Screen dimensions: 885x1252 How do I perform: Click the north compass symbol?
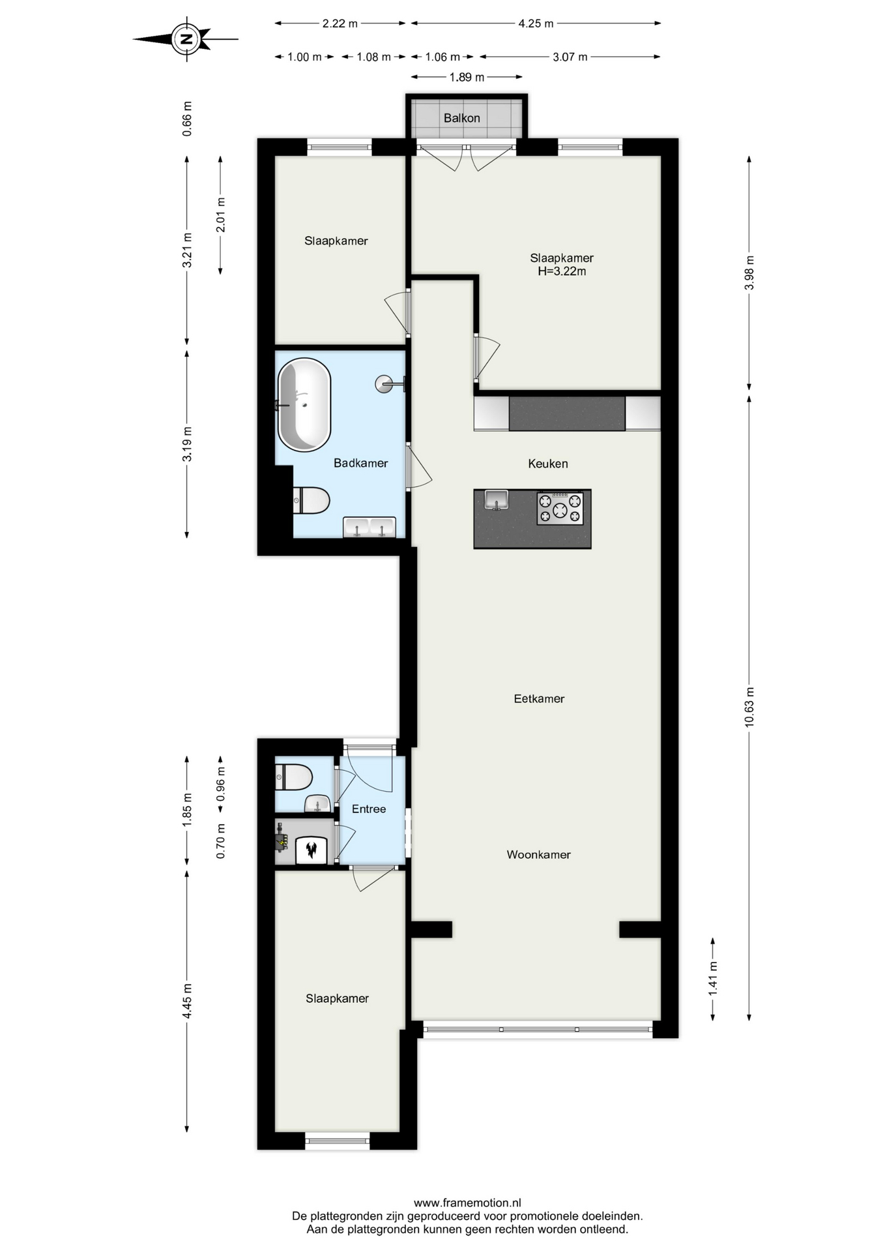(186, 39)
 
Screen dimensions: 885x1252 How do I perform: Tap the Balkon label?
(461, 118)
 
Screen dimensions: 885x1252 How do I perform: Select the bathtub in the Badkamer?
(304, 405)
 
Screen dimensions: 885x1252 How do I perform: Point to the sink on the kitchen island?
(496, 500)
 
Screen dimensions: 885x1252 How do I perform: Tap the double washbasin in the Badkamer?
(369, 528)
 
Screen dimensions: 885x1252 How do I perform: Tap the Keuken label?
(547, 464)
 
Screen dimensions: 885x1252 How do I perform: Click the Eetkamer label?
(539, 698)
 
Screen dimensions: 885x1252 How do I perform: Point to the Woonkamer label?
(538, 854)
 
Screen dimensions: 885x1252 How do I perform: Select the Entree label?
(369, 809)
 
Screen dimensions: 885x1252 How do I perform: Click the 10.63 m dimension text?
(749, 707)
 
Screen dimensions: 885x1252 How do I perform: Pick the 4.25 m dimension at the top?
(536, 23)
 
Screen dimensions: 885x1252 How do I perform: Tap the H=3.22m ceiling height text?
(561, 271)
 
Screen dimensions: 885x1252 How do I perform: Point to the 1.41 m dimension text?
(713, 978)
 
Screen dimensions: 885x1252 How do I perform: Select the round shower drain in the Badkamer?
(384, 383)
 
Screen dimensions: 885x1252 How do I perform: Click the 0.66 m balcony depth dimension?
(188, 119)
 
